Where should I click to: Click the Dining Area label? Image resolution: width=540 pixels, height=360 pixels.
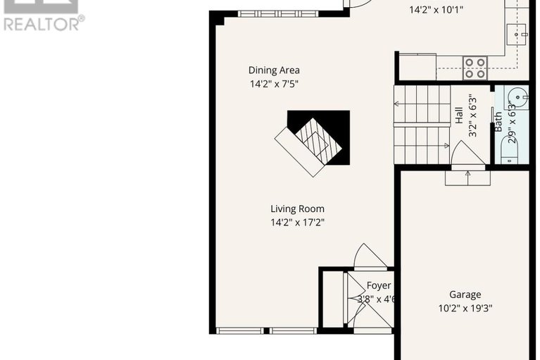274,70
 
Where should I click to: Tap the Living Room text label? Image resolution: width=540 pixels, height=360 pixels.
297,209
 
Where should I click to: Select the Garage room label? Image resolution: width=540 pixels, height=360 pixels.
465,294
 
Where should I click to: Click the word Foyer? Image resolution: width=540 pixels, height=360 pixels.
378,285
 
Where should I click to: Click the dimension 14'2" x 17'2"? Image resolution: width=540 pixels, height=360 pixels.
297,223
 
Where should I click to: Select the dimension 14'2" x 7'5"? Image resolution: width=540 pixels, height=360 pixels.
274,84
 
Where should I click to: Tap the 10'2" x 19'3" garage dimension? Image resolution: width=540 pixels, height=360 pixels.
465,308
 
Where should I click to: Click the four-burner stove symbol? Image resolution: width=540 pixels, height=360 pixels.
476,68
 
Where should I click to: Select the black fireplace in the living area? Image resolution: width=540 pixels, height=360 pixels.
318,137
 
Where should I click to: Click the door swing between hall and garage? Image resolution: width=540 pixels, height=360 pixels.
466,153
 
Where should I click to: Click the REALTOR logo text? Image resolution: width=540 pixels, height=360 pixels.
44,24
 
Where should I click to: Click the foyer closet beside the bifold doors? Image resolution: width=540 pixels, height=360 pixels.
331,299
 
